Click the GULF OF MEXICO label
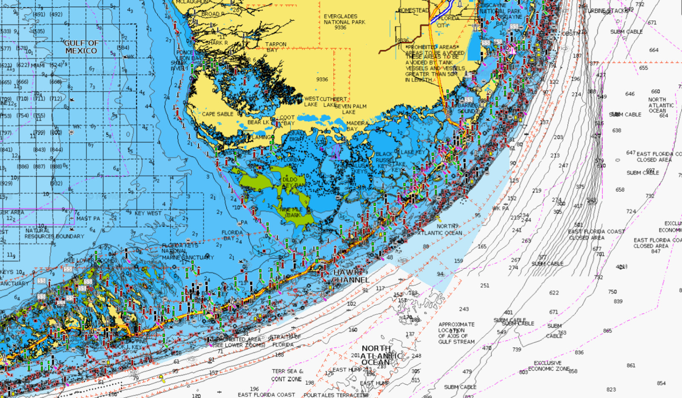pyautogui.click(x=81, y=47)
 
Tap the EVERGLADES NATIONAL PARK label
pyautogui.click(x=344, y=22)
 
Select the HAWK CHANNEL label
pyautogui.click(x=350, y=276)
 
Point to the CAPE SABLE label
pyautogui.click(x=217, y=114)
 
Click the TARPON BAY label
pyautogui.click(x=275, y=47)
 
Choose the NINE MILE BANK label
pyautogui.click(x=292, y=212)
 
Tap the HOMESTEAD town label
pyautogui.click(x=413, y=10)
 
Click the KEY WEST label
pyautogui.click(x=148, y=213)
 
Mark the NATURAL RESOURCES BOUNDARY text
pyautogui.click(x=54, y=233)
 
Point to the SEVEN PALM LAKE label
pyautogui.click(x=350, y=109)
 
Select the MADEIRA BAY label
pyautogui.click(x=357, y=126)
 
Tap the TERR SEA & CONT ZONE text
pyautogui.click(x=287, y=375)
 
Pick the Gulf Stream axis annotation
pyautogui.click(x=456, y=333)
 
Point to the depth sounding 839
pyautogui.click(x=618, y=301)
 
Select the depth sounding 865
pyautogui.click(x=607, y=331)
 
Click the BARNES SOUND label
pyautogui.click(x=467, y=108)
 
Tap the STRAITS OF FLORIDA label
pyautogui.click(x=285, y=341)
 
